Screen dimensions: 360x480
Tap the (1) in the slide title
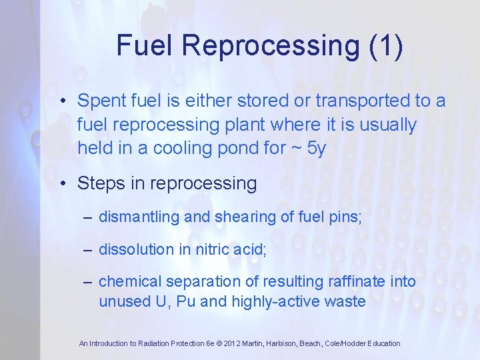(x=383, y=46)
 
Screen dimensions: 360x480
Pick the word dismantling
(x=137, y=217)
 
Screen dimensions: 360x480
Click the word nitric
(x=213, y=250)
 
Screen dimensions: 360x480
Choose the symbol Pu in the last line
(x=187, y=301)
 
